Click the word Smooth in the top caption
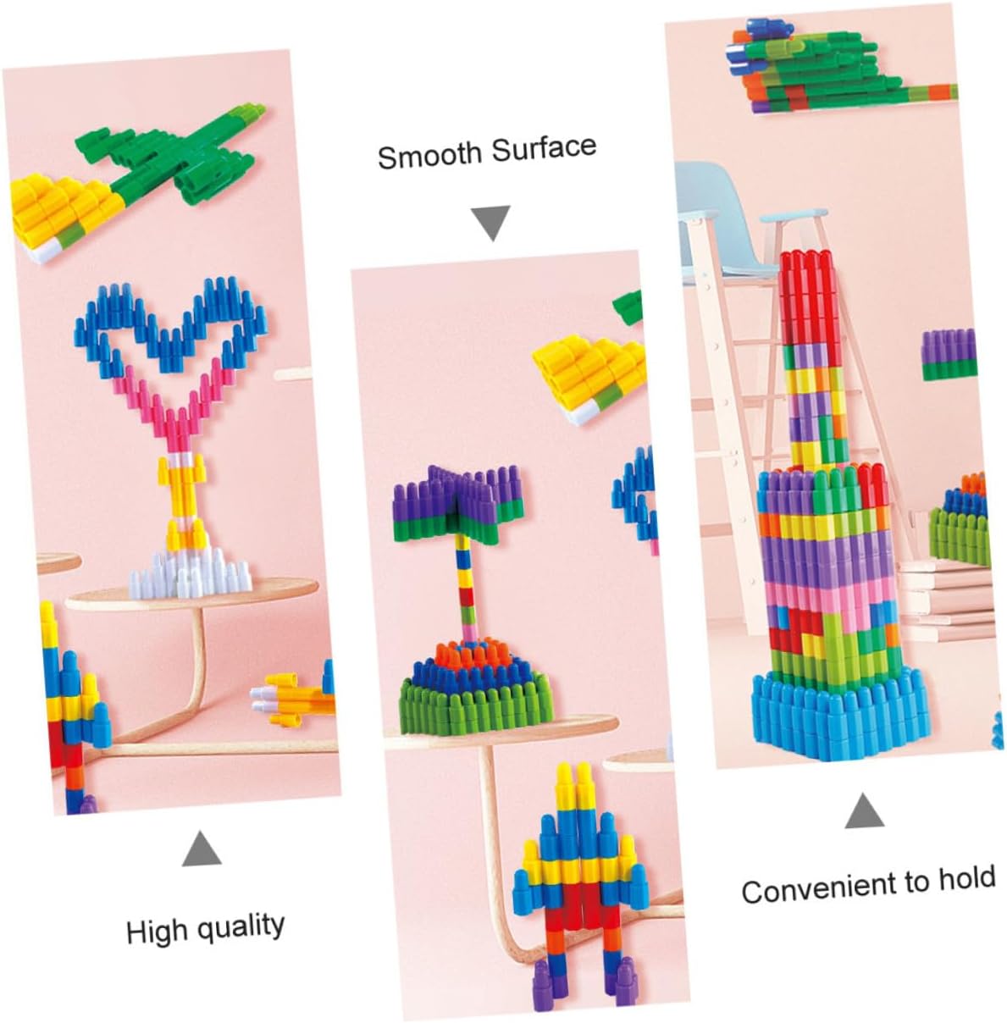[x=429, y=155]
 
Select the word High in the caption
[x=156, y=932]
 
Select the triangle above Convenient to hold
[x=864, y=811]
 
